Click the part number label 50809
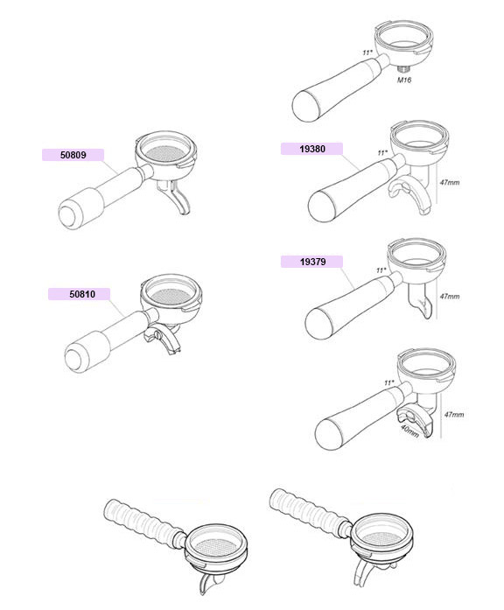[x=73, y=155]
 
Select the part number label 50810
[x=82, y=294]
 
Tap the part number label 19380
[x=311, y=149]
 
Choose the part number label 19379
[x=312, y=262]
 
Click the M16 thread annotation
[x=404, y=81]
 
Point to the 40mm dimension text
[x=409, y=431]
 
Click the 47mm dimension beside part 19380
[x=450, y=182]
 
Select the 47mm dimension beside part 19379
[x=450, y=297]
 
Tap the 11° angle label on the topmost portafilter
[x=367, y=53]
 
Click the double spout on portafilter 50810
[x=161, y=340]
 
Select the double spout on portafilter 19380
[x=409, y=194]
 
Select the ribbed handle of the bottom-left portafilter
[x=143, y=518]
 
